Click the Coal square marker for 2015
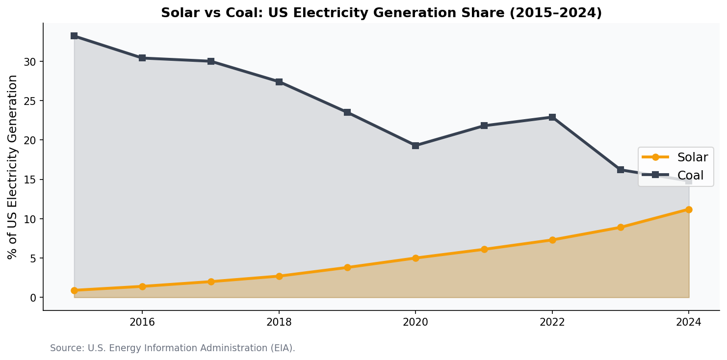pos(74,36)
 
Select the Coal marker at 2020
pos(415,146)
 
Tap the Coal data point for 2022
pos(552,117)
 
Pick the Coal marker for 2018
pos(279,82)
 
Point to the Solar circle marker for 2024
pos(689,209)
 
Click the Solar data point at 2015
pos(74,290)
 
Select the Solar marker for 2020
pos(415,258)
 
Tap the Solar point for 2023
pos(621,227)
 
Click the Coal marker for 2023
pos(621,170)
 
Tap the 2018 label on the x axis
pos(279,322)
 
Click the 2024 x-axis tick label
pos(689,322)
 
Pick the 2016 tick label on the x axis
pos(142,322)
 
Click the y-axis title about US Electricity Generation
pos(13,167)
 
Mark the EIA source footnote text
pos(173,348)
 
